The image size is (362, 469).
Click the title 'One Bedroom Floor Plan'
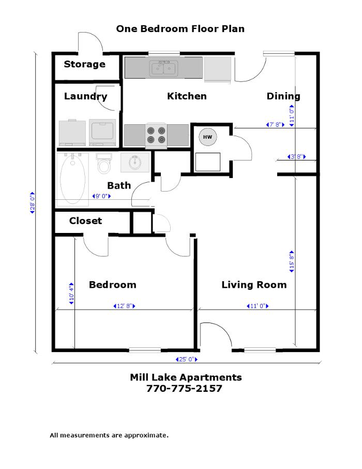pyautogui.click(x=180, y=29)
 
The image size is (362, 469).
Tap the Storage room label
pyautogui.click(x=84, y=65)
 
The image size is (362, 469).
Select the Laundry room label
pyautogui.click(x=85, y=96)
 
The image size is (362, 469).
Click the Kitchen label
pyautogui.click(x=187, y=96)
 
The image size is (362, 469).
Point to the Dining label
pyautogui.click(x=283, y=96)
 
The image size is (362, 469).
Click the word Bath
pyautogui.click(x=119, y=186)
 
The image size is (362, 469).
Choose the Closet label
pyautogui.click(x=86, y=221)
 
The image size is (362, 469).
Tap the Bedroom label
pyautogui.click(x=112, y=285)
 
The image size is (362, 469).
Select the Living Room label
pyautogui.click(x=254, y=285)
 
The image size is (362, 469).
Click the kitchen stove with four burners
pyautogui.click(x=156, y=135)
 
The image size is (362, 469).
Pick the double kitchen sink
pyautogui.click(x=163, y=68)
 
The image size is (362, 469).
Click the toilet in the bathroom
pyautogui.click(x=104, y=164)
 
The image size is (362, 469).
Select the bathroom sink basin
pyautogui.click(x=134, y=162)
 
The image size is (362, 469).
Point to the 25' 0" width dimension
pyautogui.click(x=186, y=359)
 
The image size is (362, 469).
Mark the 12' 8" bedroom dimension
pyautogui.click(x=124, y=306)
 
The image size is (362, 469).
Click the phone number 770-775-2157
pyautogui.click(x=185, y=388)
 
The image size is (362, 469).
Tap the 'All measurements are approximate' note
pyautogui.click(x=109, y=435)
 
